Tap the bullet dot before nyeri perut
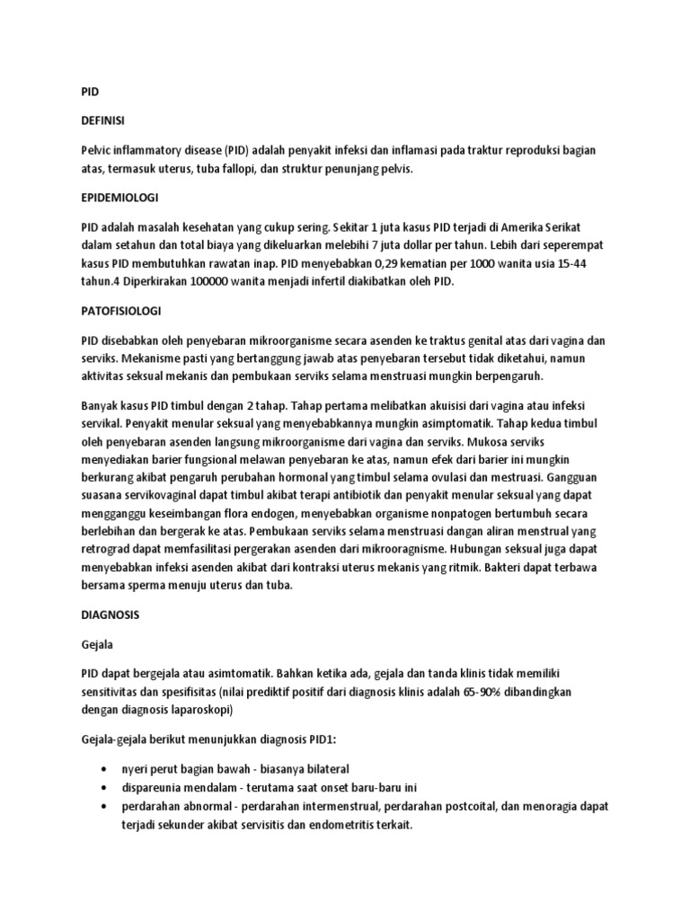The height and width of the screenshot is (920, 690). [106, 770]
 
